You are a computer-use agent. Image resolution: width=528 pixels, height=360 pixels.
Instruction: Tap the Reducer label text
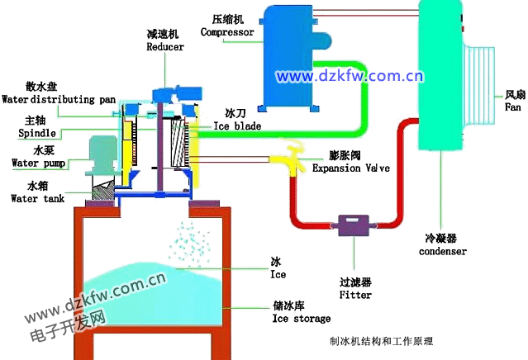165,47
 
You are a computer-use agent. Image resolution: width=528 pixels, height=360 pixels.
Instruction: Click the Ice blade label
238,126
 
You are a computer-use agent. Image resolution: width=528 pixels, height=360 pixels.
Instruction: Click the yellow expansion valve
288,157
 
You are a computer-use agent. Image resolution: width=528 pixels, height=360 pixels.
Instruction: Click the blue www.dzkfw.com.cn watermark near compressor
350,77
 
